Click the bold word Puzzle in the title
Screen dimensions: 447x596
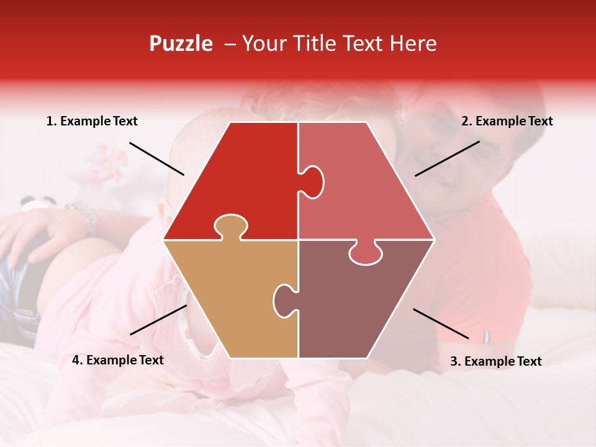181,43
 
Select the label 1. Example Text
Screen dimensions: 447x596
92,122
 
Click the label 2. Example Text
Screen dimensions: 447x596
507,122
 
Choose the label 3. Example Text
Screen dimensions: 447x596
495,361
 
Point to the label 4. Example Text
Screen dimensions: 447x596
118,360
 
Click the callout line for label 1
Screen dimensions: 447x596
156,158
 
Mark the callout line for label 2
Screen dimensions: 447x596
447,158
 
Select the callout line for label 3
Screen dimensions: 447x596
441,323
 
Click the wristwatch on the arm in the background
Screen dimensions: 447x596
84,214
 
